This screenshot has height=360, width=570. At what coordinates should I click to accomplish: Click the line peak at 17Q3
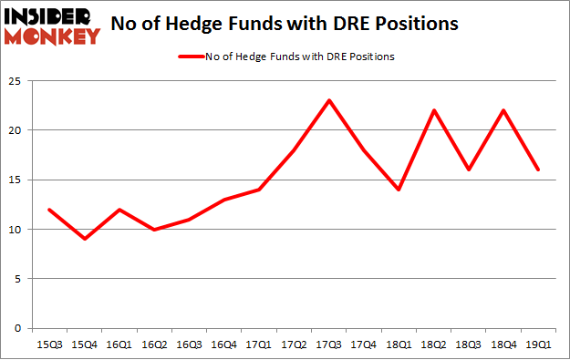(x=328, y=99)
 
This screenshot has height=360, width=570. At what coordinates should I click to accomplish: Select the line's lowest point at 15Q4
(x=84, y=239)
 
